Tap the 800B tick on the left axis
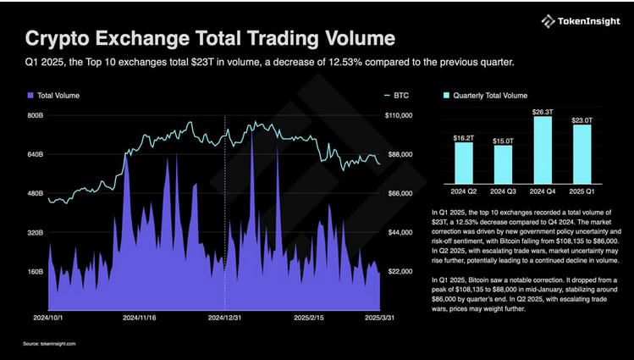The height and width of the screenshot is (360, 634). (x=35, y=114)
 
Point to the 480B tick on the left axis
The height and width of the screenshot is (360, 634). (x=35, y=193)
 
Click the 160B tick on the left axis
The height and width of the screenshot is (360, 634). (x=35, y=272)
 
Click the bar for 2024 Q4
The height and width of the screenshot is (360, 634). (x=543, y=147)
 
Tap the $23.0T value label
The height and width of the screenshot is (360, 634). (x=582, y=120)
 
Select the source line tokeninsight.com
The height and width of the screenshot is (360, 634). (x=49, y=344)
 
